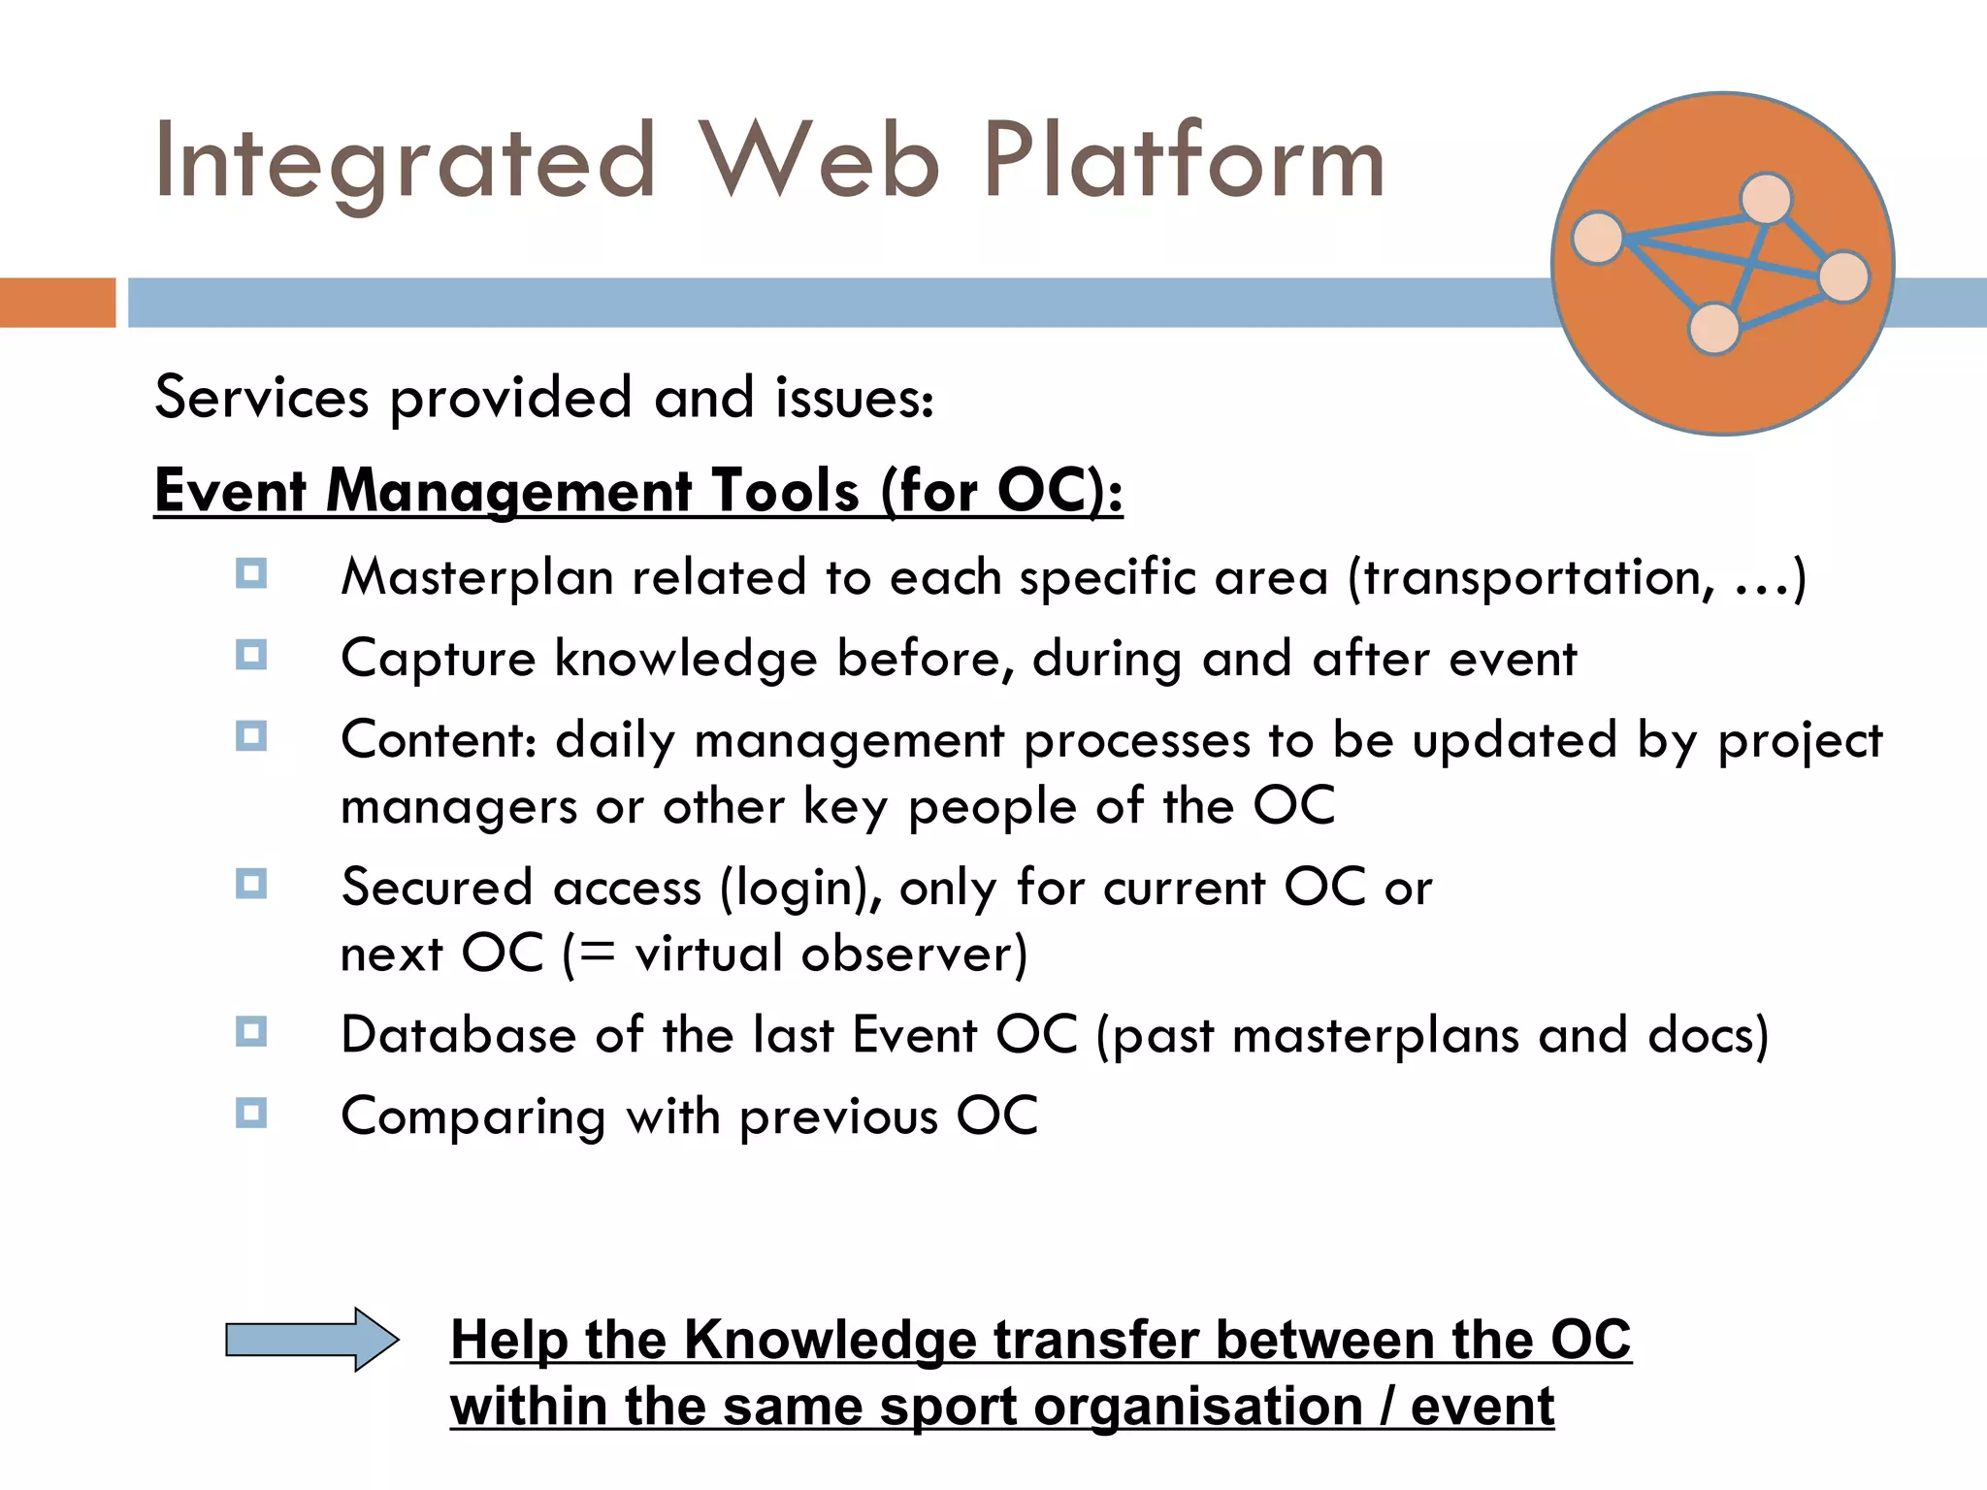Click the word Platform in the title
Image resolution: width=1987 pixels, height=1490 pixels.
coord(1184,162)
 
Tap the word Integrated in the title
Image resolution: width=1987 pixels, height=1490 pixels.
coord(406,162)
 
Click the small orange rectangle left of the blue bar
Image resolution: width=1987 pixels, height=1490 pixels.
coord(57,303)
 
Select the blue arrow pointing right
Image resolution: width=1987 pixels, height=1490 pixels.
coord(311,1340)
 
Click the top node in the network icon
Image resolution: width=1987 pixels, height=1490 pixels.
coord(1766,198)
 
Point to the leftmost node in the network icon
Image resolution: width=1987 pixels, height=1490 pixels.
coord(1597,238)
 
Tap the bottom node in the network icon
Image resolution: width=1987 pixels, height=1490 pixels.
coord(1714,329)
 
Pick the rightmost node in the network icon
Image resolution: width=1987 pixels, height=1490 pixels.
coord(1843,276)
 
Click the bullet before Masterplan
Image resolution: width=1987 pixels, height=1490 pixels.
coord(251,573)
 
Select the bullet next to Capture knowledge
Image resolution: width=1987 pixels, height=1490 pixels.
coord(251,655)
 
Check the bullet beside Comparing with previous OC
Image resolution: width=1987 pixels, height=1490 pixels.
coord(251,1112)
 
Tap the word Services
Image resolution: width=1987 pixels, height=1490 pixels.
coord(262,398)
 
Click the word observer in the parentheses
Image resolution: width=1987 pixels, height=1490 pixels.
coord(908,955)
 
